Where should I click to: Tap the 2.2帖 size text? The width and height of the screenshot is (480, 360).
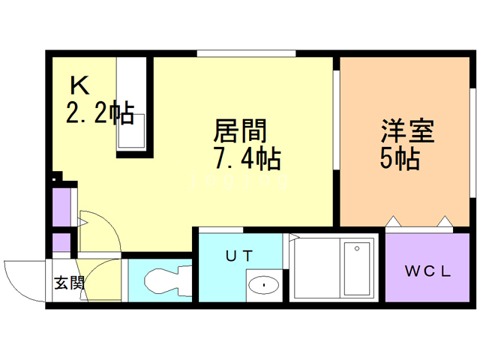100,113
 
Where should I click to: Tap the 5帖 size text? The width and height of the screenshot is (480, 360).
399,159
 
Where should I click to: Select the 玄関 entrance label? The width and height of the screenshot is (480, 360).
68,283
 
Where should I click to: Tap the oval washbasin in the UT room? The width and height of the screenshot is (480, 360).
262,284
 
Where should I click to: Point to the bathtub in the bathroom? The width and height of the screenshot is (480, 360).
355,268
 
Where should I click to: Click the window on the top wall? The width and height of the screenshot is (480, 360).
246,53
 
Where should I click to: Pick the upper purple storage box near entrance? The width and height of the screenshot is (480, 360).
61,207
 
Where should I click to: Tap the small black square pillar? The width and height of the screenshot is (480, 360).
57,178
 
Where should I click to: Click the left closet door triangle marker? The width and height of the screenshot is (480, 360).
392,221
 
